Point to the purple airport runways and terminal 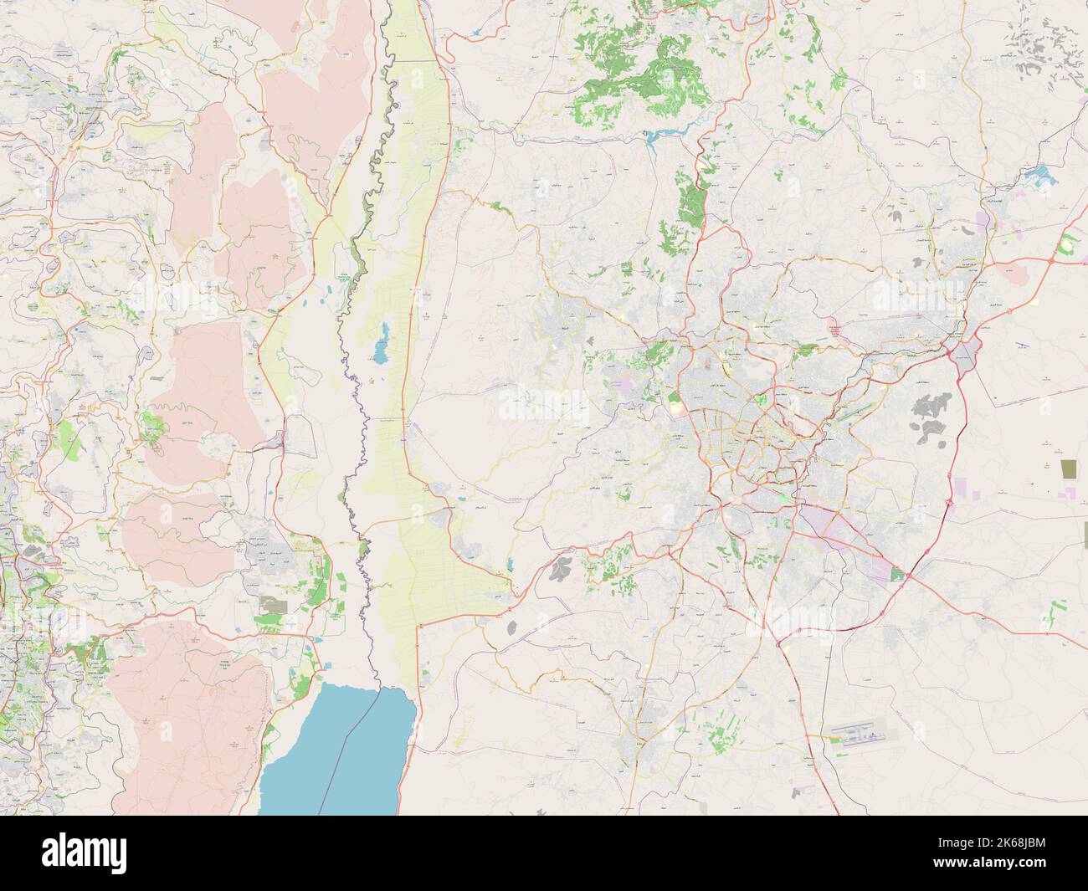click(862, 735)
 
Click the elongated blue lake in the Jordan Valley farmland click(381, 343)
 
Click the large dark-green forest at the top click(644, 63)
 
